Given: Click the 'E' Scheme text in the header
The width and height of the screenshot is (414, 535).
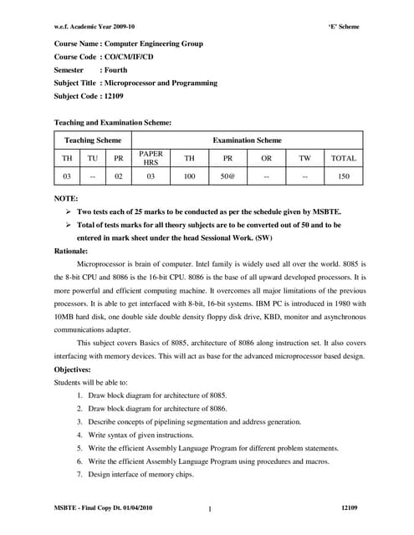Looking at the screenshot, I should tap(343, 27).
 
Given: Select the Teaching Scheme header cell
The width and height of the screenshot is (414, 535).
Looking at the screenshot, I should tap(93, 140).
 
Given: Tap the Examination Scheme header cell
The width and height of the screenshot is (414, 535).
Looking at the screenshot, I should tap(247, 140).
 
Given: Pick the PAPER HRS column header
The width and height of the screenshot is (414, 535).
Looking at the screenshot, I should tap(151, 158).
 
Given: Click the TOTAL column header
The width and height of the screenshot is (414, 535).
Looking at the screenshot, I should tap(344, 158).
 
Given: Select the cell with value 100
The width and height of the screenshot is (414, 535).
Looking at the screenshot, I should tap(190, 177).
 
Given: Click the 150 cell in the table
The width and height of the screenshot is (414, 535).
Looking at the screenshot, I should tap(344, 177).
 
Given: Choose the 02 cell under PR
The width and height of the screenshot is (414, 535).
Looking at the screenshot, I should tap(119, 177).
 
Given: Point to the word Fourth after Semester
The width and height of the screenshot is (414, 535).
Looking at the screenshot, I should tap(113, 69).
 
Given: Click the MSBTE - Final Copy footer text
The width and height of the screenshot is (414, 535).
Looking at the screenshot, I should tap(103, 508).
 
